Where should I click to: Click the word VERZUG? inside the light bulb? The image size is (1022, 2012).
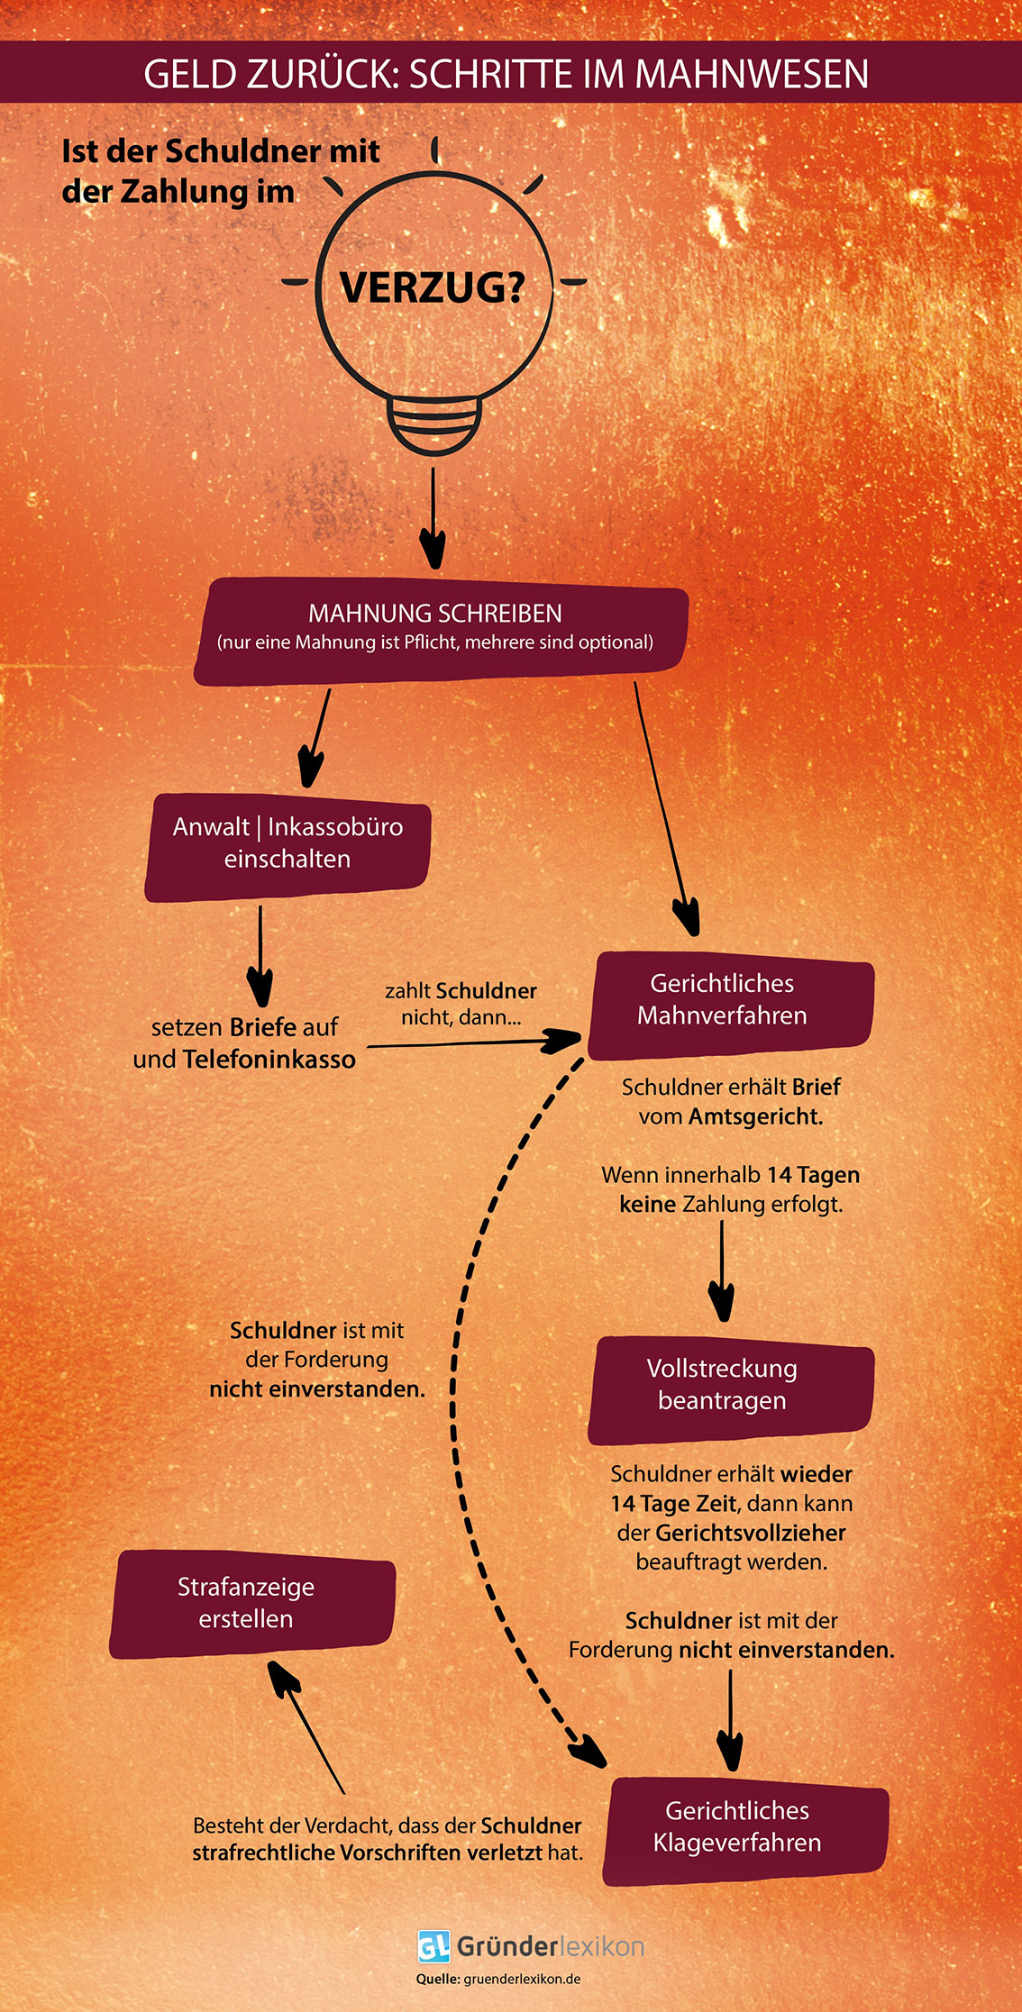point(432,287)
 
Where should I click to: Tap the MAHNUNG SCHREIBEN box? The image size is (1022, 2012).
point(439,629)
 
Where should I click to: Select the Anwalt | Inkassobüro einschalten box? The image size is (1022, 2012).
point(287,844)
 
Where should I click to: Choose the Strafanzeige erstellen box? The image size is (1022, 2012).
point(250,1604)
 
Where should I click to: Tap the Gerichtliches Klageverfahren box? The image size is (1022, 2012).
point(744,1828)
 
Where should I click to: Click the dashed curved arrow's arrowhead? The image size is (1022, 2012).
point(588,1750)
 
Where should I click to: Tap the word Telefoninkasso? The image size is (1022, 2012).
point(269,1060)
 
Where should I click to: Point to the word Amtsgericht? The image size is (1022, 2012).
point(755,1117)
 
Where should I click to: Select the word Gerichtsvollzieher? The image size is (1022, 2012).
point(750,1534)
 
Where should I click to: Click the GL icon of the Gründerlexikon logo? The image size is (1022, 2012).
point(433,1947)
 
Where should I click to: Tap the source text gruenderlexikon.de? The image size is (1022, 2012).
point(522,1980)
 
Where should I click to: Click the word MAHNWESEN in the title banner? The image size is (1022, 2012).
point(752,74)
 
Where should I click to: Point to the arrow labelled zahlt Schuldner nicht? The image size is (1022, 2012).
point(473,1043)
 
